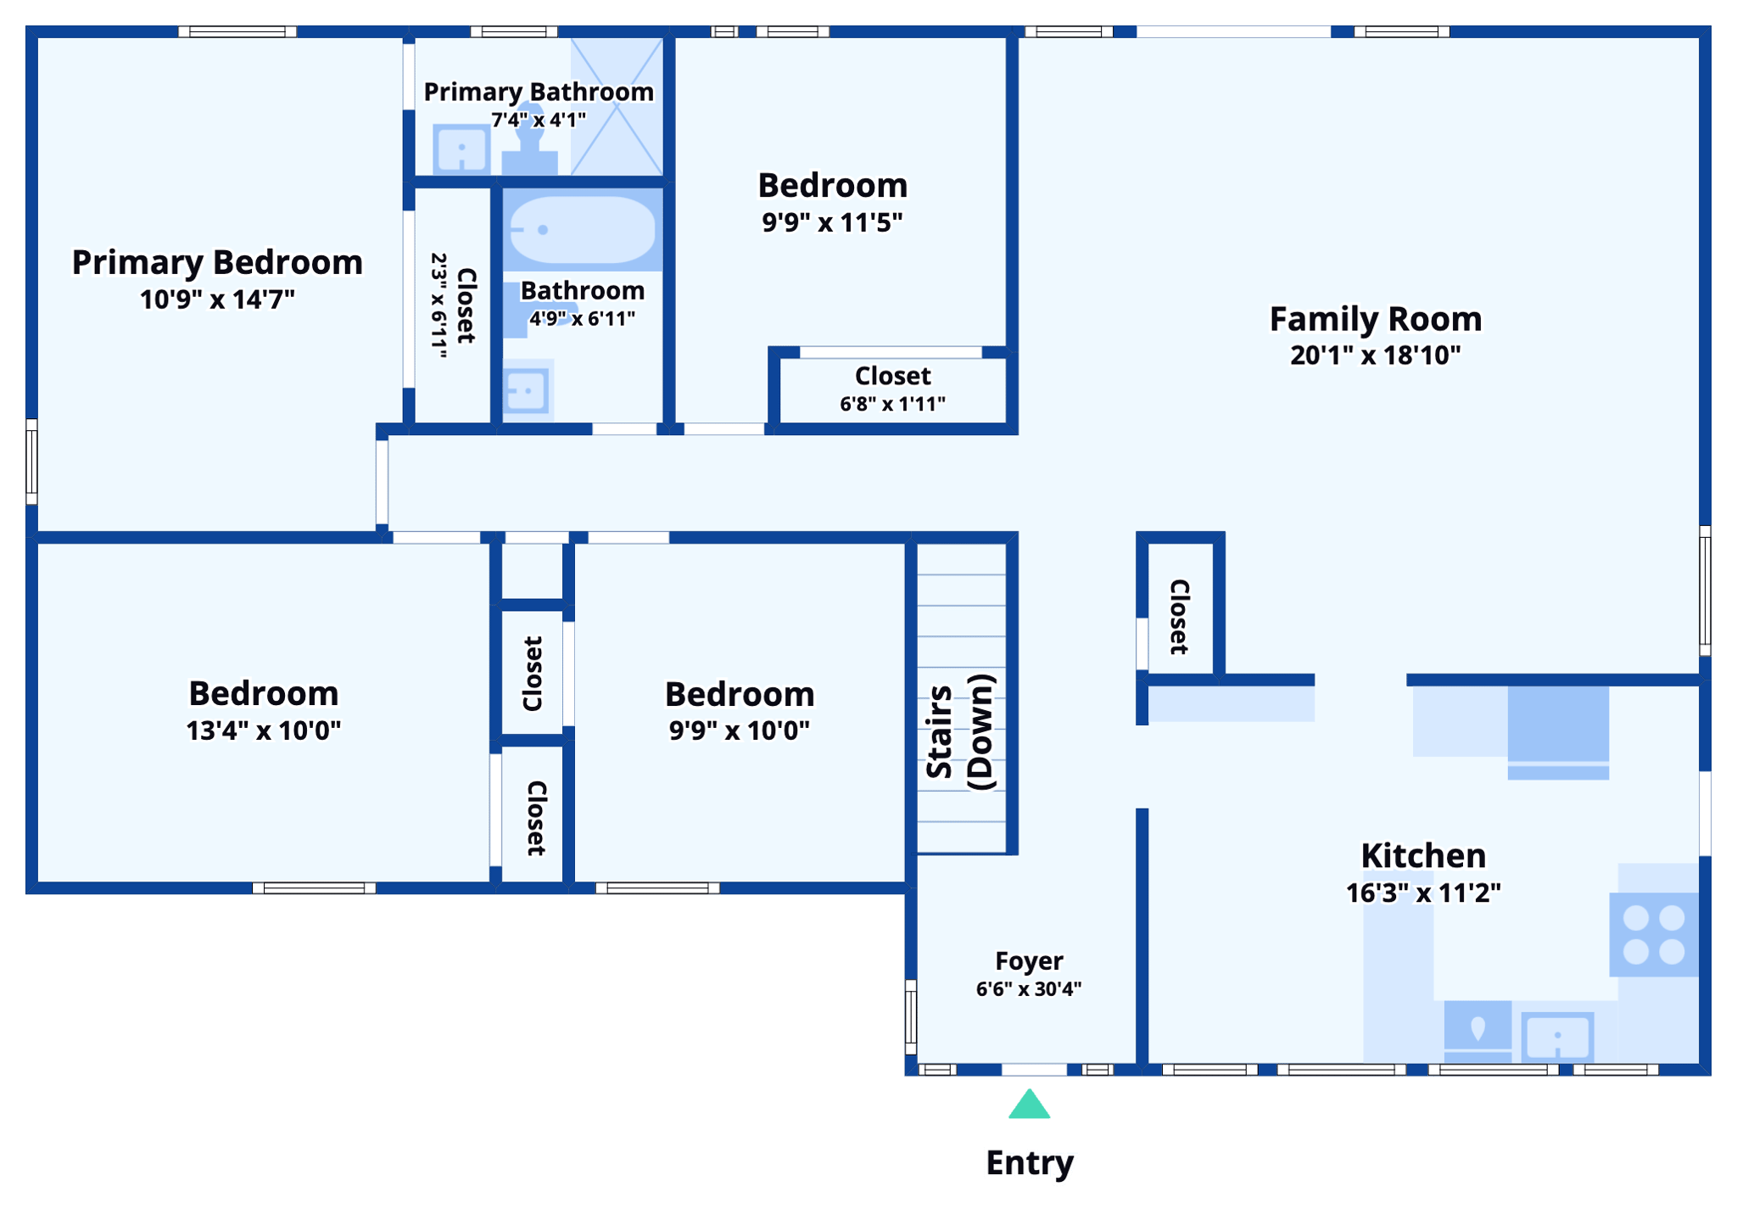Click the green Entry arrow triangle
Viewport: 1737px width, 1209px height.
coord(1029,1105)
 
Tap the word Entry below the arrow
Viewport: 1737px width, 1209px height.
coord(1030,1162)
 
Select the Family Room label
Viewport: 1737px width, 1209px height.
coord(1375,319)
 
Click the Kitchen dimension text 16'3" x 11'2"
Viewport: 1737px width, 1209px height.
coord(1423,893)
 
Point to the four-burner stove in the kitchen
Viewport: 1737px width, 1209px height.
coord(1653,934)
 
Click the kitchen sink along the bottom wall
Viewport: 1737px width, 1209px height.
coord(1557,1037)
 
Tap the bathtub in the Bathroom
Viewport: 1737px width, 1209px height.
coord(582,229)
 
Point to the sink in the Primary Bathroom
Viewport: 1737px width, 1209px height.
coord(461,150)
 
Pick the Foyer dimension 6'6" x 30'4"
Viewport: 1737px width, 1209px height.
coord(1028,989)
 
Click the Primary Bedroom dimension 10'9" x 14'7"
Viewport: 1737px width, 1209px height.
coord(217,299)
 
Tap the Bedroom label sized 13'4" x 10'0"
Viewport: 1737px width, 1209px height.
coord(263,693)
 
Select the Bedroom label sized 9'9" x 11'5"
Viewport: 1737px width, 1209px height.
coord(832,185)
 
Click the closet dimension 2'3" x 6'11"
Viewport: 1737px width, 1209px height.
coord(438,305)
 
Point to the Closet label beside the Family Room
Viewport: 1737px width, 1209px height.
coord(1180,617)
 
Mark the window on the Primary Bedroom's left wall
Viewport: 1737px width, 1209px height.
coord(31,462)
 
